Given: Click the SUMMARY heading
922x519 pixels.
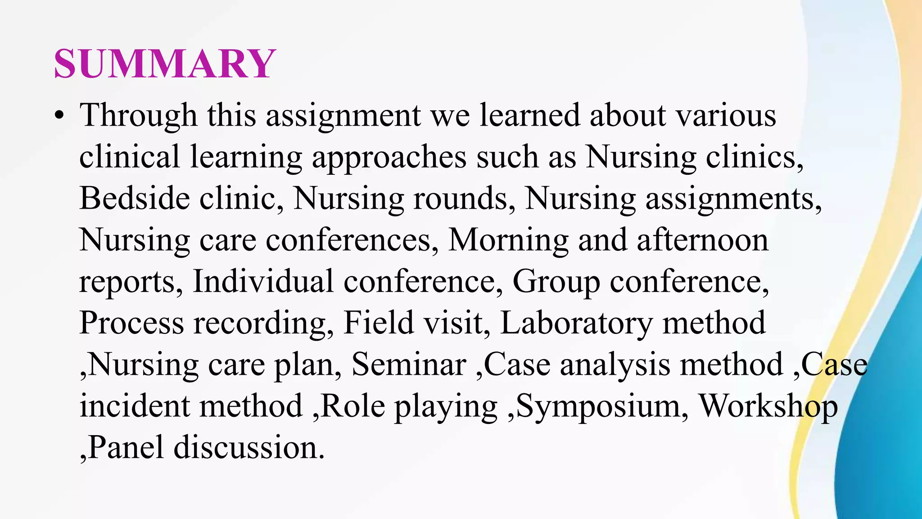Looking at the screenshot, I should tap(164, 64).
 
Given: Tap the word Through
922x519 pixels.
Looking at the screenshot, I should tap(138, 116).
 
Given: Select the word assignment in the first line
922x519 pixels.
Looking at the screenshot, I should tap(343, 116).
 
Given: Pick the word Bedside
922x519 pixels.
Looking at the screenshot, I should tap(134, 198).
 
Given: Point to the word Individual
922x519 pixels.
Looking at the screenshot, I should tap(263, 282).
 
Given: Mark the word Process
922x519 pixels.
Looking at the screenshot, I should tap(131, 323).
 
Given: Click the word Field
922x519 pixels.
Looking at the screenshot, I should tap(378, 323).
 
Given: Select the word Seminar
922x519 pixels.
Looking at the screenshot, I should tap(408, 364).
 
